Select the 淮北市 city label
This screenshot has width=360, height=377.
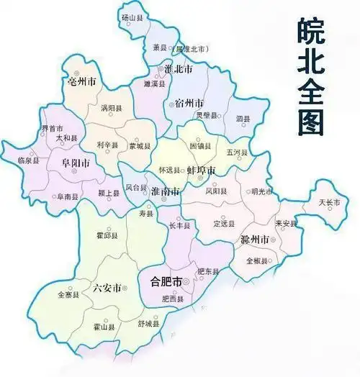tap(177, 70)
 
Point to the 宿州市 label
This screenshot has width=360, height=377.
tap(188, 103)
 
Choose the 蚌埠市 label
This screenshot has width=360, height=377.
tap(201, 170)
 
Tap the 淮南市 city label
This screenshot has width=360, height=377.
tap(166, 192)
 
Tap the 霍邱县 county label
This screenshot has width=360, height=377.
tap(105, 235)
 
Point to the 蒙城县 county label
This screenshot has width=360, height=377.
tap(139, 145)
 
